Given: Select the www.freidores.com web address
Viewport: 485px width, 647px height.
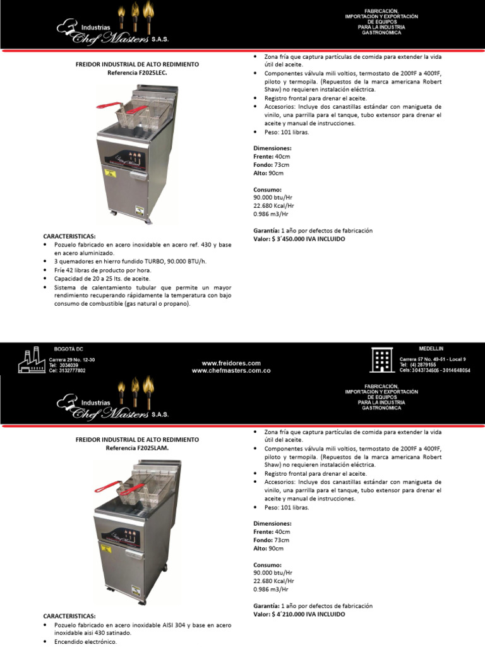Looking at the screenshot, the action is coord(231,363).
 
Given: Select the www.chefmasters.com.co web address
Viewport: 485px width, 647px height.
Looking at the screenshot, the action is coord(231,371).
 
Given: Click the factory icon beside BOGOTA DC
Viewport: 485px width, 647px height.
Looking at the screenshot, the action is coord(30,361).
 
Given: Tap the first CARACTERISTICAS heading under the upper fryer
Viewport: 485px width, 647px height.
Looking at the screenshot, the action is coord(69,235).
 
